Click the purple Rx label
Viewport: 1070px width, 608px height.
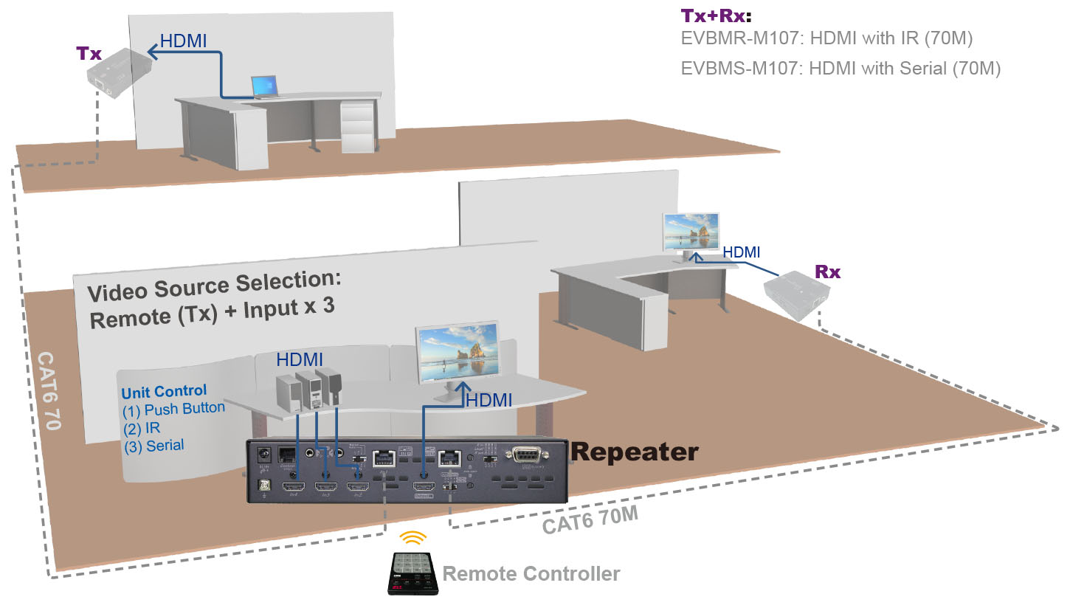point(827,272)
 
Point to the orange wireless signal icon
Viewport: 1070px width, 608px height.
point(413,538)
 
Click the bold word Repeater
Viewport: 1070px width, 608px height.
point(635,451)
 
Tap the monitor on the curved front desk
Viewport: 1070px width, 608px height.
point(457,353)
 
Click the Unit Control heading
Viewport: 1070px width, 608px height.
point(164,392)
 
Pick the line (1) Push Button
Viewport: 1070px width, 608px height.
point(173,410)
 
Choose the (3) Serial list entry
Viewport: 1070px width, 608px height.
point(154,446)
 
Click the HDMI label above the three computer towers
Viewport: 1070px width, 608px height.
point(300,360)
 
